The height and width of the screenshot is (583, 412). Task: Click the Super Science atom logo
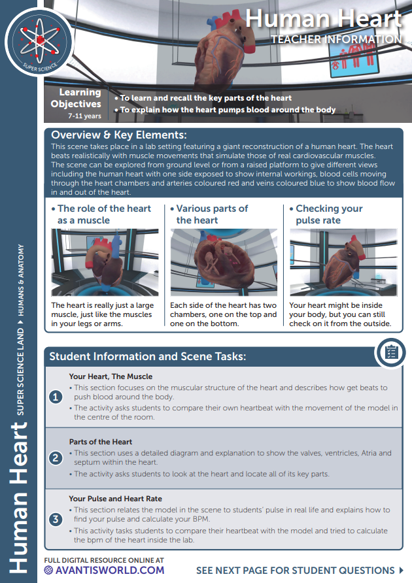tap(39, 41)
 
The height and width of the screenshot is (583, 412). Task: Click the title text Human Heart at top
tap(323, 19)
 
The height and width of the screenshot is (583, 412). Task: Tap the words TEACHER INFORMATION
tap(336, 40)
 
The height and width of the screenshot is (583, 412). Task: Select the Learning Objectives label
tap(77, 98)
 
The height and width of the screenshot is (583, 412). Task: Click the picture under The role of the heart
tap(105, 262)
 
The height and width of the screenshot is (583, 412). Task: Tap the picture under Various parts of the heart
tap(224, 262)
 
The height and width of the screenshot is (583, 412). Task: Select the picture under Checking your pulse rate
tap(343, 262)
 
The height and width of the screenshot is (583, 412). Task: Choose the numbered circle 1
tap(57, 397)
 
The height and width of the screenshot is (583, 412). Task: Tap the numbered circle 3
tap(57, 520)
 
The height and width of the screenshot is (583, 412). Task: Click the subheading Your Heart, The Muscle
tap(111, 376)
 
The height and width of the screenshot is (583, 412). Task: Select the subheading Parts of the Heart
tap(102, 441)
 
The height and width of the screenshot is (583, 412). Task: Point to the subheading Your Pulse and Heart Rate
tap(115, 499)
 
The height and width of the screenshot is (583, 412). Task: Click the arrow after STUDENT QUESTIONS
tap(401, 570)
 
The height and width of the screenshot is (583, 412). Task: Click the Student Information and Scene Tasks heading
tap(147, 357)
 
